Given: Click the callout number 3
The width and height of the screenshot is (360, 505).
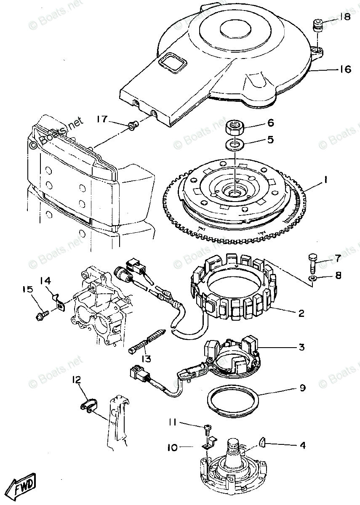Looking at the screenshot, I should [x=301, y=348].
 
